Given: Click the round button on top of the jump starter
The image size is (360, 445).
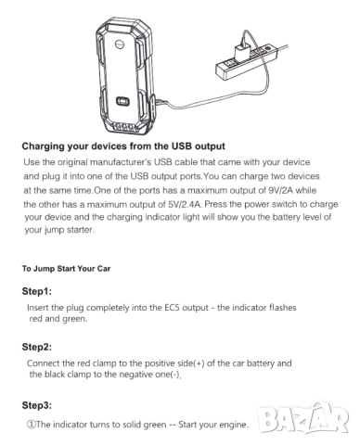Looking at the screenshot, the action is (x=120, y=44).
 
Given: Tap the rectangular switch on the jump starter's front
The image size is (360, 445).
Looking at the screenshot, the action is (x=122, y=101).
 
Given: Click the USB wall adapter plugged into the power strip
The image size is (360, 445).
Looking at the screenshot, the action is (x=242, y=51).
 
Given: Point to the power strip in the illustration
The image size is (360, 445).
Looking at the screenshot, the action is (x=245, y=62).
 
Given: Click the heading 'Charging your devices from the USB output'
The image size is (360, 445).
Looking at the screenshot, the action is (x=123, y=146).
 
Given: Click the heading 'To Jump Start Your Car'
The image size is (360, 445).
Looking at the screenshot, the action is (x=66, y=269).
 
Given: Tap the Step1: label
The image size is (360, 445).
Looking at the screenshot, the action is (x=37, y=291).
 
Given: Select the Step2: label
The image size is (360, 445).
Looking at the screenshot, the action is (x=37, y=347).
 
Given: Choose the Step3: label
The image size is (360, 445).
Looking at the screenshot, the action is (x=37, y=405).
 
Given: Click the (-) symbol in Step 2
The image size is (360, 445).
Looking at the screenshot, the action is (x=175, y=375).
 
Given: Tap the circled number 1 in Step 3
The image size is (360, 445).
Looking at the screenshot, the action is (x=32, y=425).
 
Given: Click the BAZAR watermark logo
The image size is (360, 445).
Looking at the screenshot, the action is (x=304, y=419).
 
